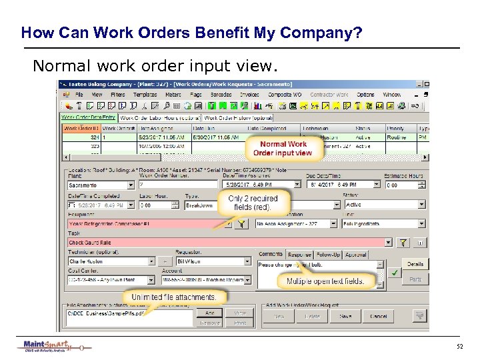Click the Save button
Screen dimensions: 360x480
click(345, 316)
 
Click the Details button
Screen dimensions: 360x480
click(415, 264)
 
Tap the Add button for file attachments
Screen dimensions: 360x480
click(210, 313)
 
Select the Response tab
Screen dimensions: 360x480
click(299, 255)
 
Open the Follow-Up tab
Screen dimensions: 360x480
click(327, 255)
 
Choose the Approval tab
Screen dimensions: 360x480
click(356, 255)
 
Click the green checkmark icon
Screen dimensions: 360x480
click(395, 273)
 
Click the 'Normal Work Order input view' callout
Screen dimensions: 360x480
click(283, 148)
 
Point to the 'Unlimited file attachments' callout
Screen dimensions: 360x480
click(173, 297)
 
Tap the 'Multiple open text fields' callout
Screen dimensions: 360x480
click(325, 281)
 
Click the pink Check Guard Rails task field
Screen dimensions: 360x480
click(227, 243)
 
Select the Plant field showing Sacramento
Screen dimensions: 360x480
click(100, 185)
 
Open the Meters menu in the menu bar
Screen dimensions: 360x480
click(173, 95)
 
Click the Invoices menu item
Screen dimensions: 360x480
click(249, 95)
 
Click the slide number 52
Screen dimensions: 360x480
click(459, 347)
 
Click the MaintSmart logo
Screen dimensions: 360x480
click(53, 347)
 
